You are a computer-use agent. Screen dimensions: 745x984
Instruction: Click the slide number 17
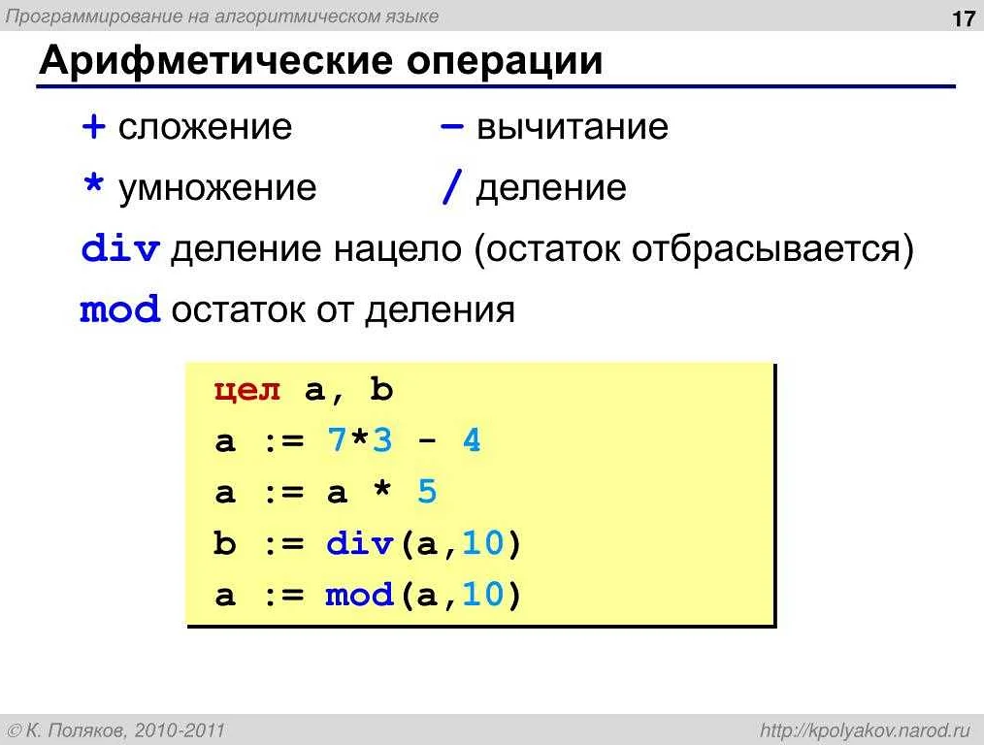(964, 19)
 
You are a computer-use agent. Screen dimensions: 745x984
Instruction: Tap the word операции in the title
(505, 61)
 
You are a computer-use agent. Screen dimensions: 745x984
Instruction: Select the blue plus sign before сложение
(93, 127)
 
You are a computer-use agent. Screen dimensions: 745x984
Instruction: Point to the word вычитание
(572, 127)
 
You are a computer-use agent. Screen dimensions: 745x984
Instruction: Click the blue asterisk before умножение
(93, 186)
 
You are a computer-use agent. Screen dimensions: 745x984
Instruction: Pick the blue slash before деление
(449, 188)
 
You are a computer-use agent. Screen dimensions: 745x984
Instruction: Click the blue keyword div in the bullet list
(119, 250)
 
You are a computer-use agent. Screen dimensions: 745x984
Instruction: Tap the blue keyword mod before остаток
(119, 311)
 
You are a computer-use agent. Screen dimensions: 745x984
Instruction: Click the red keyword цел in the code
(247, 391)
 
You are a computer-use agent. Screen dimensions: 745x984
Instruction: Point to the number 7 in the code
(336, 442)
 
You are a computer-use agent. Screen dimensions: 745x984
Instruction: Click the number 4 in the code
(472, 442)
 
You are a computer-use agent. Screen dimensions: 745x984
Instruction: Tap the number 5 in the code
(427, 493)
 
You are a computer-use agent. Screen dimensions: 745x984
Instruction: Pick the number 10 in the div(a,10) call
(482, 544)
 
